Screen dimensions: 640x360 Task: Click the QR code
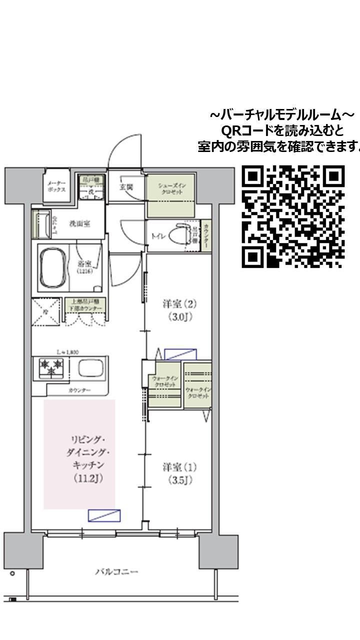click(293, 216)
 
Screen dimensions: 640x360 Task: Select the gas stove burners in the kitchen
click(51, 368)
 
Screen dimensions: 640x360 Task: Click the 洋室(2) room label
click(177, 309)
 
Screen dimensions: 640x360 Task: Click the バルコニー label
click(116, 571)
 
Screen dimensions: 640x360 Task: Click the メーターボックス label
click(56, 187)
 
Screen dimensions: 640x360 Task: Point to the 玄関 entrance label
click(125, 187)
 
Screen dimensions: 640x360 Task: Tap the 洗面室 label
click(79, 223)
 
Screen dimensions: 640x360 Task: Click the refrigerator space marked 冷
click(46, 311)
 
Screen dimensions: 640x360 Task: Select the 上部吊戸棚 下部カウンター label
click(84, 305)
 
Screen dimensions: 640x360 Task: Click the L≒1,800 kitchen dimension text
click(66, 352)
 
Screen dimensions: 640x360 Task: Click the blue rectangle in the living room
click(104, 515)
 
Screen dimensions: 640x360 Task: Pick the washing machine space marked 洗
click(91, 191)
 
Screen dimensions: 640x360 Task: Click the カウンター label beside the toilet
click(205, 235)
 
